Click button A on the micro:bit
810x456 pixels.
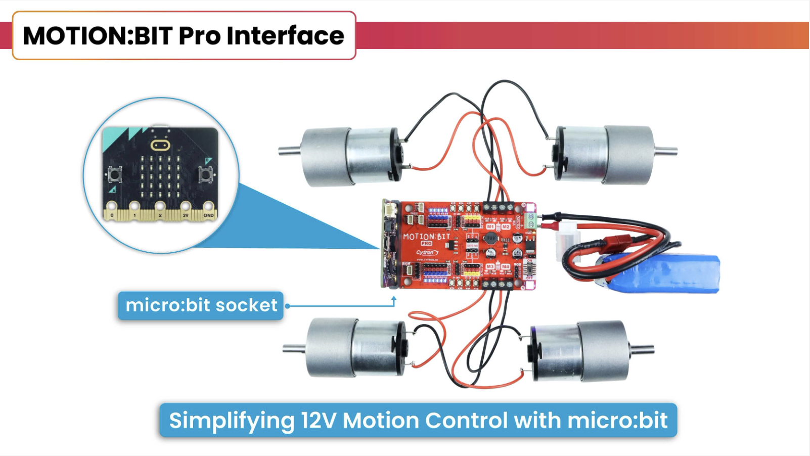(x=114, y=175)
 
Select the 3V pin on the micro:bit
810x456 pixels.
(x=185, y=207)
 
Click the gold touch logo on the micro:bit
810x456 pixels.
(x=160, y=146)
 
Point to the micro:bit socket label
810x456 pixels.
(x=201, y=305)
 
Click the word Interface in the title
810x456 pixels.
(x=285, y=36)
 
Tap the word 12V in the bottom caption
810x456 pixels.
(x=318, y=421)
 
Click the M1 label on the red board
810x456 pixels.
(x=490, y=227)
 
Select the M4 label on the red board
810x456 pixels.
(x=505, y=266)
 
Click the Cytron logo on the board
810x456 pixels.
(x=426, y=252)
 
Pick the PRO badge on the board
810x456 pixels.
(x=426, y=243)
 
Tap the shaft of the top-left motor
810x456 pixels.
(x=289, y=150)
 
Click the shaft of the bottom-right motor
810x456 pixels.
(x=642, y=349)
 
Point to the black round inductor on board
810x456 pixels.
(x=490, y=238)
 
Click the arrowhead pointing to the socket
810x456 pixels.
(x=394, y=299)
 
